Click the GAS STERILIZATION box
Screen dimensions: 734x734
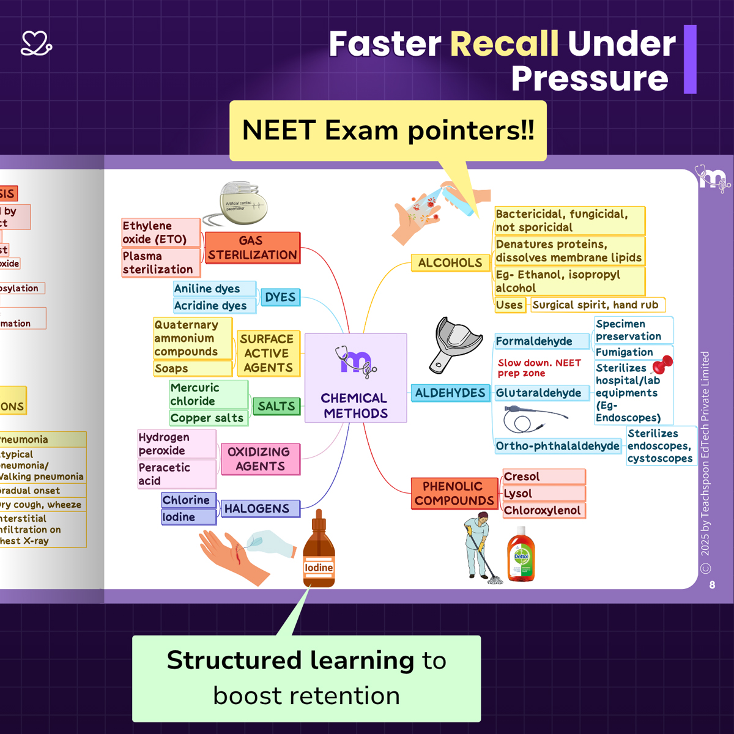pyautogui.click(x=253, y=248)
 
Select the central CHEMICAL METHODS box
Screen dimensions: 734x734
pyautogui.click(x=355, y=378)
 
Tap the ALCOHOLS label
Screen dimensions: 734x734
pyautogui.click(x=450, y=263)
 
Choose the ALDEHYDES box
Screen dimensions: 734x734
pyautogui.click(x=450, y=393)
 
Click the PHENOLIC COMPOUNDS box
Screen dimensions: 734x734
pyautogui.click(x=454, y=493)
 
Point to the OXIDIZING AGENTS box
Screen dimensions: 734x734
pyautogui.click(x=260, y=459)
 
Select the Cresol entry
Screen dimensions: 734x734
pyautogui.click(x=543, y=476)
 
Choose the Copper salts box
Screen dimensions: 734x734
pyautogui.click(x=208, y=418)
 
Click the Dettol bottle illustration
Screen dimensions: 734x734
pyautogui.click(x=521, y=555)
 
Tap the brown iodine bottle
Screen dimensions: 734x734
pyautogui.click(x=319, y=554)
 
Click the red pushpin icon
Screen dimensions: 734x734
pyautogui.click(x=662, y=365)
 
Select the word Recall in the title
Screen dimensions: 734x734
pyautogui.click(x=504, y=44)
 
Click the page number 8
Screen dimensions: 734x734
pyautogui.click(x=712, y=585)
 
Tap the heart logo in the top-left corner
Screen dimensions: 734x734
pyautogui.click(x=36, y=43)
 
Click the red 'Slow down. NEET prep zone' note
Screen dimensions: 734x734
pyautogui.click(x=539, y=368)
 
